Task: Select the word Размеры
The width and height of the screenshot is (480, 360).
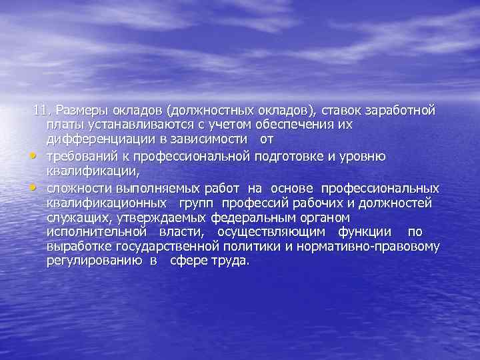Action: (x=79, y=109)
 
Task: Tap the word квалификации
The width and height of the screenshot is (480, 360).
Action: (x=87, y=171)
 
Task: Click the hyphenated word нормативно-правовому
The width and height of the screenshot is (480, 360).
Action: (x=377, y=247)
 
